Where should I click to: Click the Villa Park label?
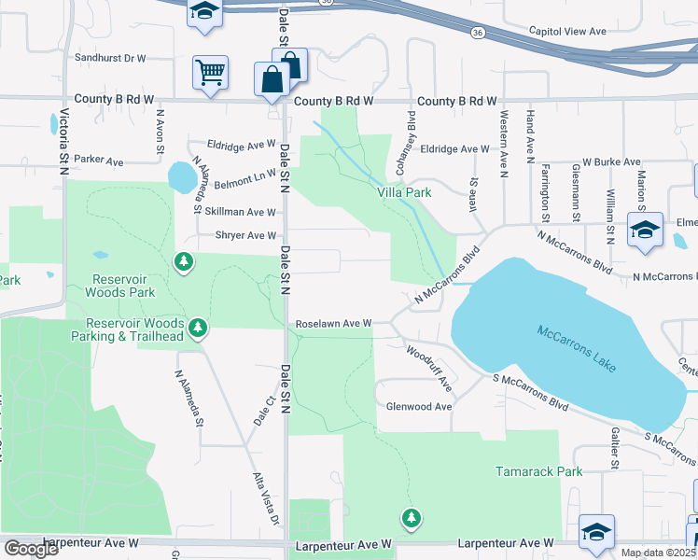point(404,192)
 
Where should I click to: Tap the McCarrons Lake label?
point(577,347)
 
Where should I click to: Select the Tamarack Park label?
point(539,471)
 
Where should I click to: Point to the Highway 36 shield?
point(478,32)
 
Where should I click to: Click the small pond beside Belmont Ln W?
point(178,175)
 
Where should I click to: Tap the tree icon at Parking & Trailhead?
point(197,328)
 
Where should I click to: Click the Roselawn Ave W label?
point(333,324)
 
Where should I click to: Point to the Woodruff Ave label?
point(429,369)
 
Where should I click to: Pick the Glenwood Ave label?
point(419,407)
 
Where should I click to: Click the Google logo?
point(32,549)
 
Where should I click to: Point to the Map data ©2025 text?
point(657,553)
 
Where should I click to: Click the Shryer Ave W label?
point(245,236)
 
